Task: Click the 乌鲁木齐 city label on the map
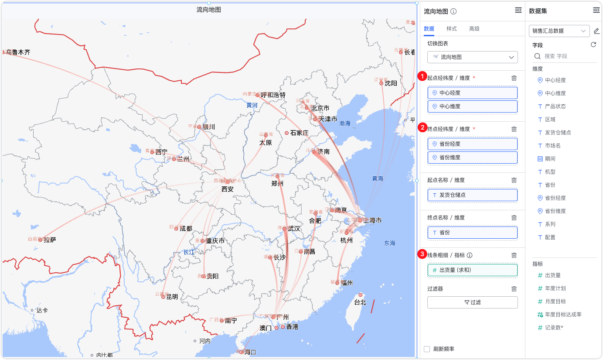click(x=18, y=52)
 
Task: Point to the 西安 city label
click(x=228, y=189)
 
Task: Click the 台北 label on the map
click(x=360, y=302)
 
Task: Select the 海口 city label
click(x=250, y=352)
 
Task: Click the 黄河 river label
click(x=252, y=105)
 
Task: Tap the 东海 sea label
click(x=390, y=243)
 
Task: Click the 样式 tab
click(x=452, y=29)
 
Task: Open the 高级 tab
click(x=474, y=29)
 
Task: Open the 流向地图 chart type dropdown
click(x=473, y=57)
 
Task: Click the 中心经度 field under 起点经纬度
click(x=473, y=93)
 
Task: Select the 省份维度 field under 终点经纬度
click(x=473, y=158)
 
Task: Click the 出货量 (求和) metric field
click(x=473, y=270)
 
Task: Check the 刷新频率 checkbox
click(x=427, y=349)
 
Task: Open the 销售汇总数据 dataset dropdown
click(x=559, y=31)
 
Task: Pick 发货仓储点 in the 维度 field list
click(x=558, y=133)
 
